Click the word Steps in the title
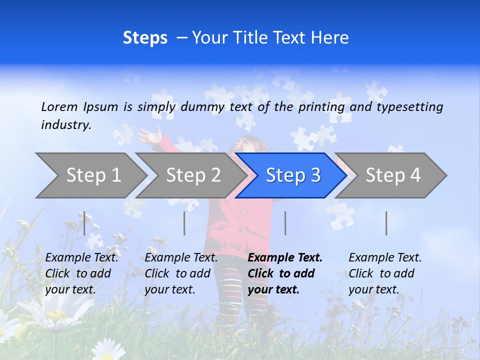(145, 38)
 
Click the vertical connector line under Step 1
(84, 223)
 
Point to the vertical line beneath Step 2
(184, 223)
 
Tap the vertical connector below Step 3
(285, 223)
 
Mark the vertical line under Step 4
(386, 223)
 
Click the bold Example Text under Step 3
(285, 273)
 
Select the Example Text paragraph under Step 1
(81, 273)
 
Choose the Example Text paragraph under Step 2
(181, 273)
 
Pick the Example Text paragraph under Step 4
(385, 273)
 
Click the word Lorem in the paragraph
(59, 106)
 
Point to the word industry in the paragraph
(65, 125)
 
